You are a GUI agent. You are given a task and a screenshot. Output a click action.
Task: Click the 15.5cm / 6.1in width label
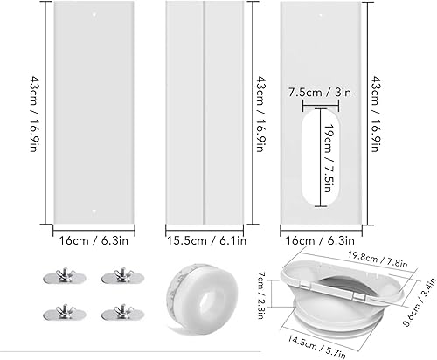click(x=205, y=235)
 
